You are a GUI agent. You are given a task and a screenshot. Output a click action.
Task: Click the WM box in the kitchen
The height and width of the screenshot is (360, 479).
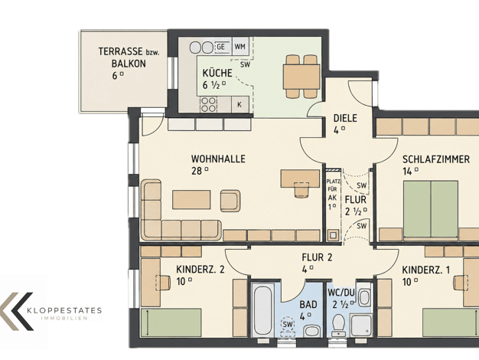[x=240, y=47]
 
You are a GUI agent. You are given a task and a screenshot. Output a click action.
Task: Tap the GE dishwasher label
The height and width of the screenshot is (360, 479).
[x=220, y=47]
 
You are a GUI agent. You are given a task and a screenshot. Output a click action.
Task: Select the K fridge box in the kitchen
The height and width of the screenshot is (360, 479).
[x=240, y=104]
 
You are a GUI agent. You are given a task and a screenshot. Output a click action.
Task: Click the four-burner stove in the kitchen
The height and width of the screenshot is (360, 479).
[x=208, y=104]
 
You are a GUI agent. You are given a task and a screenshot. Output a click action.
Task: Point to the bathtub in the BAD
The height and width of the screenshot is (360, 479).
[x=263, y=309]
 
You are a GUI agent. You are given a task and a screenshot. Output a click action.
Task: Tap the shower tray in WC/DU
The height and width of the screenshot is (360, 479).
[x=360, y=325]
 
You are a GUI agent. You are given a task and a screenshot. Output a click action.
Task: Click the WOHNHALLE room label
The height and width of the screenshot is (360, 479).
[x=218, y=159]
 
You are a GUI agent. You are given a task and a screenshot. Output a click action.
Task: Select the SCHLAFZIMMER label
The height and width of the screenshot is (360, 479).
[x=435, y=159]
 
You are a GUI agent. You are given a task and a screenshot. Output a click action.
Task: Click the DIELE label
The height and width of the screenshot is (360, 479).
[x=345, y=118]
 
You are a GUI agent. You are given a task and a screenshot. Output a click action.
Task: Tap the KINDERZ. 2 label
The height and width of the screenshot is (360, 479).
[x=200, y=270]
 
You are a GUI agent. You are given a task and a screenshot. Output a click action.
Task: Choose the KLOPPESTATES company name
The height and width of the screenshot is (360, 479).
[x=64, y=311]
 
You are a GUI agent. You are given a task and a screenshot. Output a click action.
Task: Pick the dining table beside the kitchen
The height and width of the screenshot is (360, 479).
[x=301, y=77]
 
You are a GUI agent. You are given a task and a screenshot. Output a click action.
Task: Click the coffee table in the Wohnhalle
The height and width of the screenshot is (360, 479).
[x=191, y=199]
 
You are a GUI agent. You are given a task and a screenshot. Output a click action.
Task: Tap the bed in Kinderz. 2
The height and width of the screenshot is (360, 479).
[x=171, y=322]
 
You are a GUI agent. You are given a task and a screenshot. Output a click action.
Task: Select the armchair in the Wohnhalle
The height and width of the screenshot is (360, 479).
[x=230, y=201]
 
